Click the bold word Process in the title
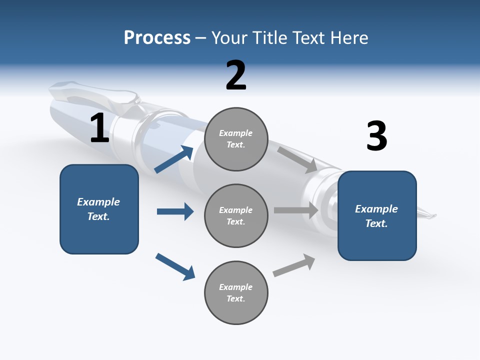tap(157, 37)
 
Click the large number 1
tap(99, 128)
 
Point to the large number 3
tap(376, 136)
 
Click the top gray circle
tap(236, 139)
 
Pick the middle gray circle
tap(236, 216)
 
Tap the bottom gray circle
tap(236, 293)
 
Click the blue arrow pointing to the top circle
tap(174, 159)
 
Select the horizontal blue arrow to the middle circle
tap(175, 211)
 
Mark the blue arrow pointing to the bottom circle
tap(175, 266)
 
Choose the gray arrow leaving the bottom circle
tap(294, 265)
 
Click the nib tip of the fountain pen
tap(433, 216)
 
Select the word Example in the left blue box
tap(98, 202)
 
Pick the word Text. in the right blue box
tap(376, 223)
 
